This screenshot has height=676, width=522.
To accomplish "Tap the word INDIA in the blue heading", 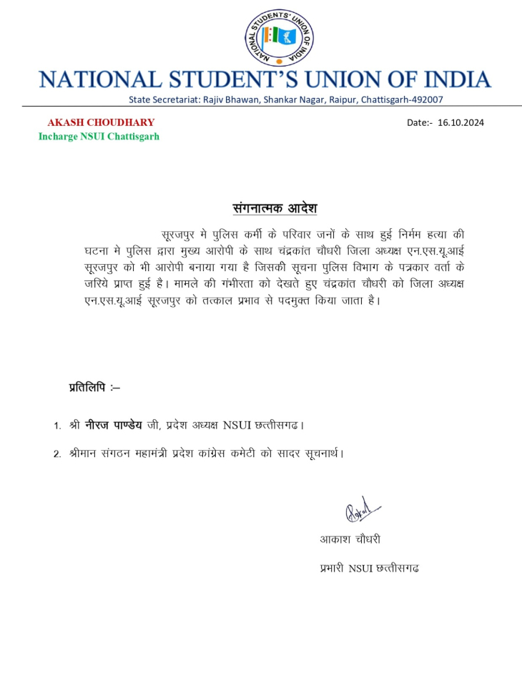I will click(450, 79).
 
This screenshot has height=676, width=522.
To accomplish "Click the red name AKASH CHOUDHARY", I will click(101, 122).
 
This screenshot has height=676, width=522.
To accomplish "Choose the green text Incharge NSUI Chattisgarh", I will click(99, 136).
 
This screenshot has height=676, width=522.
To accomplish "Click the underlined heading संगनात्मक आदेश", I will click(275, 209).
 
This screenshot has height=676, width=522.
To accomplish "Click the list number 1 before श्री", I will click(57, 426).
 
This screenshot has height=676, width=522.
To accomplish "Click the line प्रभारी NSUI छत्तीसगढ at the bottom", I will click(369, 569).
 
